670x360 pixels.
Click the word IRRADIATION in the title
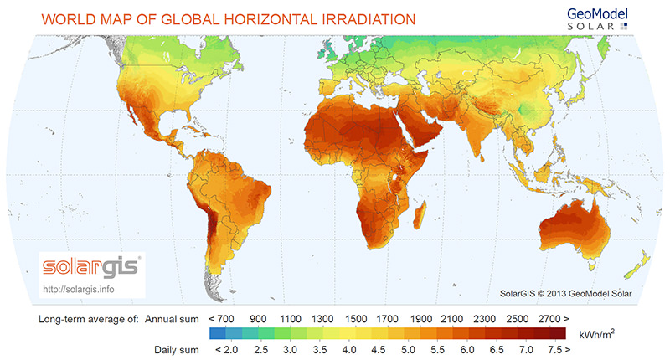pos(363,18)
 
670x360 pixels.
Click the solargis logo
pos(92,269)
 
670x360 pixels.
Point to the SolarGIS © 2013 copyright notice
pos(564,292)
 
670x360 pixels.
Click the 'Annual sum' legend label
pos(171,319)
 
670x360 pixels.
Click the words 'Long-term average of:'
pos(90,319)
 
